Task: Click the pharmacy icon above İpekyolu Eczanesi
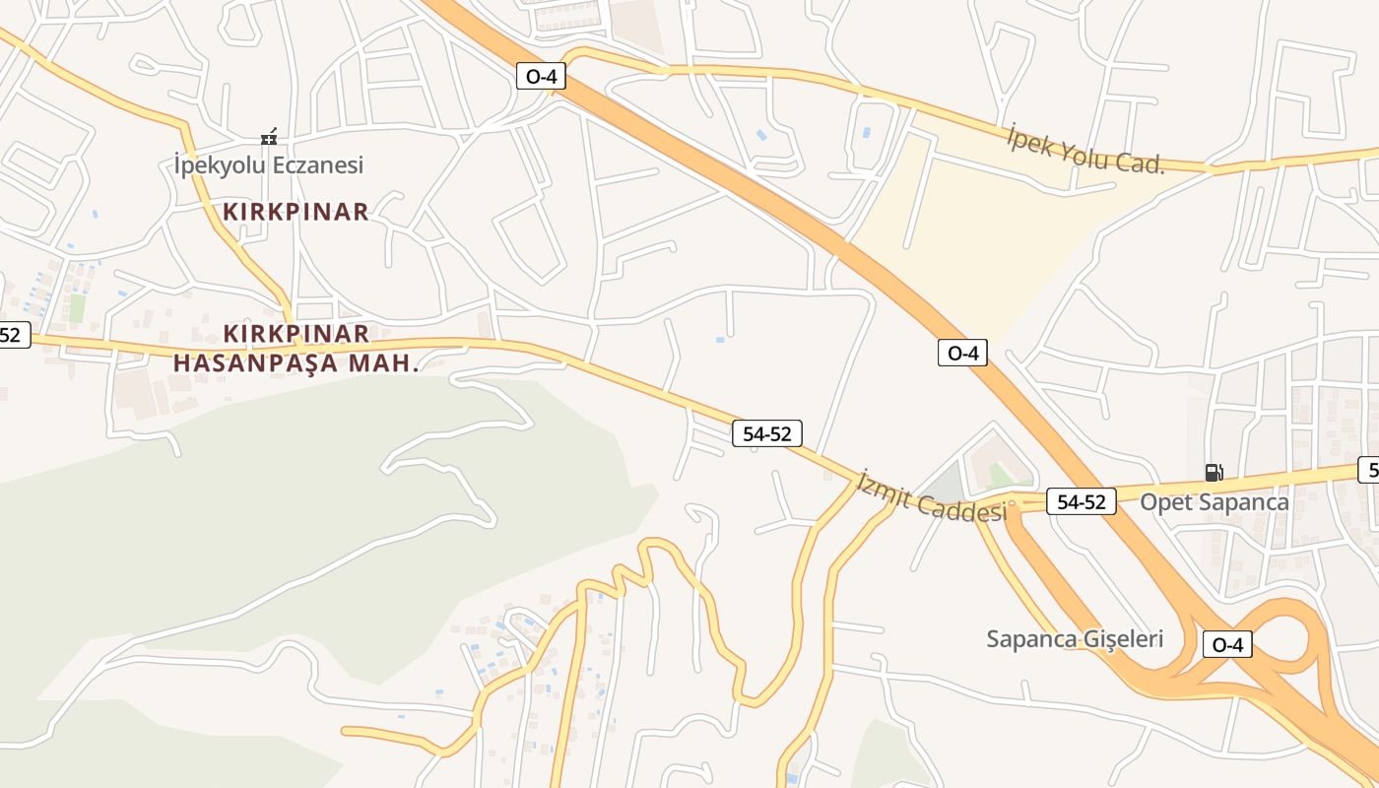click(x=268, y=138)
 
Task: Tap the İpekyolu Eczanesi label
click(x=268, y=164)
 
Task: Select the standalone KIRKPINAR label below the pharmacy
click(x=295, y=211)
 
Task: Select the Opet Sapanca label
click(x=1215, y=502)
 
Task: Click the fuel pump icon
click(x=1214, y=473)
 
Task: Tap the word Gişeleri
click(x=1123, y=638)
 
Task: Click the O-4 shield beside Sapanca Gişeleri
click(x=1227, y=645)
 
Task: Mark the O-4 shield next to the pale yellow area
click(x=962, y=353)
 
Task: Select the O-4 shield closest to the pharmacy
click(x=541, y=76)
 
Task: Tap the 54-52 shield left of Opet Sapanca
click(x=1081, y=501)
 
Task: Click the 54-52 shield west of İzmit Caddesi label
click(x=767, y=433)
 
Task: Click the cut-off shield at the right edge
click(x=1368, y=470)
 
